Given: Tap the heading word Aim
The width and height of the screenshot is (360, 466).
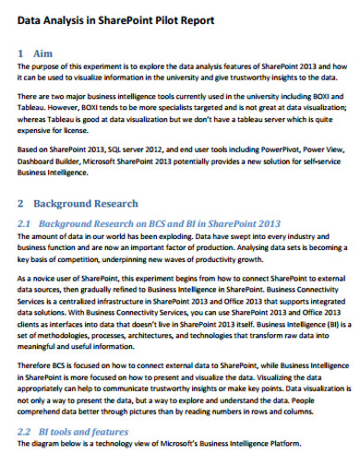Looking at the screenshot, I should [42, 54].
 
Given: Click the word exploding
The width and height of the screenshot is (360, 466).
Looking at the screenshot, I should [189, 236].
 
